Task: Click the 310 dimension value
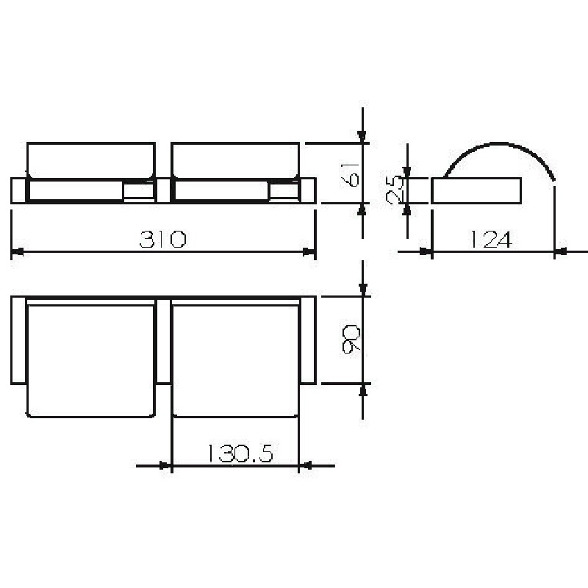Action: (x=162, y=239)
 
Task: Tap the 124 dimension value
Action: (x=491, y=240)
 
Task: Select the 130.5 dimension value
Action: (x=240, y=453)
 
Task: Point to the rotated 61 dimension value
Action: (x=351, y=174)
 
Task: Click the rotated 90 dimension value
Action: (x=351, y=340)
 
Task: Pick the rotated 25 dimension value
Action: (x=395, y=190)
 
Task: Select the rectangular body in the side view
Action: (x=476, y=191)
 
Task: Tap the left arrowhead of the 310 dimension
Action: (x=17, y=251)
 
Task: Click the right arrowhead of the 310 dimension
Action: (x=309, y=251)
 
